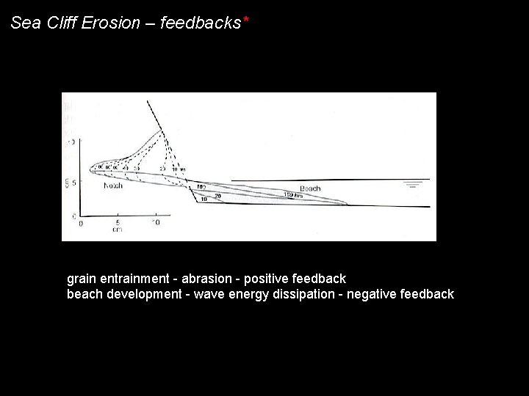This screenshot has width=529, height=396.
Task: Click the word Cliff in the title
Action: [60, 23]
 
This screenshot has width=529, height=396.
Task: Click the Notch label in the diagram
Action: [113, 186]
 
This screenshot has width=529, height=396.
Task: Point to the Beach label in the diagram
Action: [309, 188]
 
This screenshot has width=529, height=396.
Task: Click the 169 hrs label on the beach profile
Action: [292, 194]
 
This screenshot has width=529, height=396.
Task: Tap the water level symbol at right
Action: [417, 184]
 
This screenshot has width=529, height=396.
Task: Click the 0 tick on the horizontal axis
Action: [81, 222]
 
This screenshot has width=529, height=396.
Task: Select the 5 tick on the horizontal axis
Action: [118, 222]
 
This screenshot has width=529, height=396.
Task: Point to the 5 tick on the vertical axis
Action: [73, 183]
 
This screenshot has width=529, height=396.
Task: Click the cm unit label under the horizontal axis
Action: [117, 230]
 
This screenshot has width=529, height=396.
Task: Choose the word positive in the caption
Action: [267, 279]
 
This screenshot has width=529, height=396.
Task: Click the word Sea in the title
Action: [24, 23]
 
